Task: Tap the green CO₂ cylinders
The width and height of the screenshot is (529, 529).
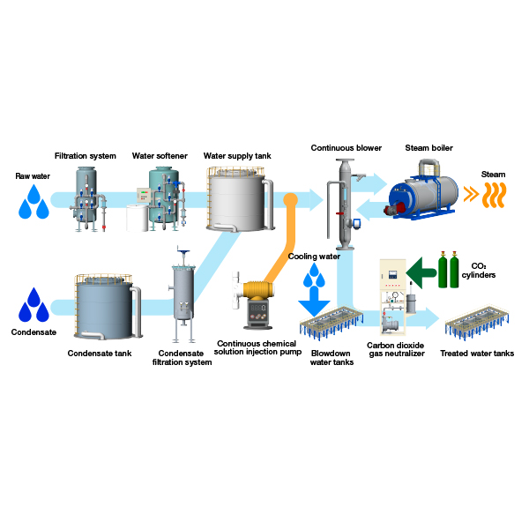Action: (449, 270)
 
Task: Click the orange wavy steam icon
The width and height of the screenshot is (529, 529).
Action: (495, 195)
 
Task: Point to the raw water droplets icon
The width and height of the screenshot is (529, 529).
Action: (34, 202)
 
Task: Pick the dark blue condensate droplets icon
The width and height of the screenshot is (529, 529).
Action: (34, 305)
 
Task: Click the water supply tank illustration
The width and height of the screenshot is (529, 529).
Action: (240, 199)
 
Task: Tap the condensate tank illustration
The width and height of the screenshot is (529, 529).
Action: (108, 307)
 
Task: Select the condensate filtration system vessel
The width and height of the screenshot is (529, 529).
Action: (183, 294)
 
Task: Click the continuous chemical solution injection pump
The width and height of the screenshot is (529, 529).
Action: (254, 300)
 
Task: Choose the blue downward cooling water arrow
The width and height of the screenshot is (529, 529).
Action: (314, 302)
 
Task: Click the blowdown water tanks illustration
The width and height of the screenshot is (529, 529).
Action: (332, 323)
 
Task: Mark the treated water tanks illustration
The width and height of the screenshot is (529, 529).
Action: (477, 323)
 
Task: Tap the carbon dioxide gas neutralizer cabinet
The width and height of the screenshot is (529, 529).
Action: (393, 297)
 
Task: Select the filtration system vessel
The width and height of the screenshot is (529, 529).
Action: (87, 199)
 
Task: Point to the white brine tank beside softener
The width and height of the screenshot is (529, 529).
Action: (137, 218)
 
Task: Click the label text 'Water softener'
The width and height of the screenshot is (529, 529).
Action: (160, 156)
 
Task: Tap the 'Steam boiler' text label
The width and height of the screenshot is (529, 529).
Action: (428, 148)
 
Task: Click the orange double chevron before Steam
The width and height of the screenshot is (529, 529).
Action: (472, 194)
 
